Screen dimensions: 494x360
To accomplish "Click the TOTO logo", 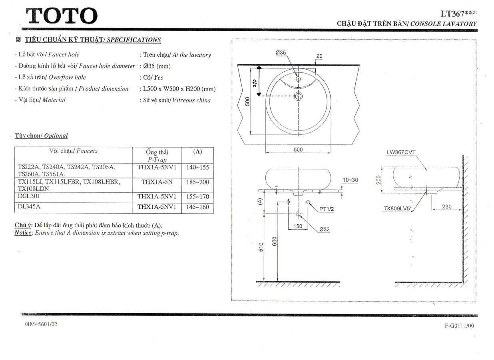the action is (x=62, y=16).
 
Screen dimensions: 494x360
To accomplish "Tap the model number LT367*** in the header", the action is (x=458, y=14).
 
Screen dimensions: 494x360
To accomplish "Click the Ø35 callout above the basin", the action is (x=281, y=52).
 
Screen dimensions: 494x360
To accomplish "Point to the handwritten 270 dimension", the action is (x=255, y=83).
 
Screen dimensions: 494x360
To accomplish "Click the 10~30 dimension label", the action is (x=350, y=180).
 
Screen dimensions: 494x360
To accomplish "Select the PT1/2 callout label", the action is (x=327, y=209).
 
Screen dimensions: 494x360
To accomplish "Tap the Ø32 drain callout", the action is (x=325, y=229).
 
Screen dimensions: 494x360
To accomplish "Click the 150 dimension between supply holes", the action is (x=298, y=226).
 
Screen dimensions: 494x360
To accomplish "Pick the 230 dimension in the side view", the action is (x=447, y=206).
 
